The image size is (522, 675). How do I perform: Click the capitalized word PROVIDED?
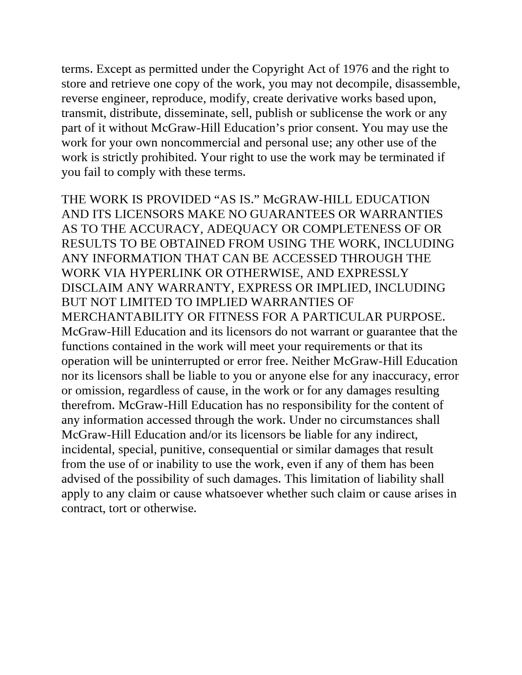pos(179,199)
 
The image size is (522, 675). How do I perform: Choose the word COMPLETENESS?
pos(352,229)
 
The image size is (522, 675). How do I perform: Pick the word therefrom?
pos(88,405)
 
